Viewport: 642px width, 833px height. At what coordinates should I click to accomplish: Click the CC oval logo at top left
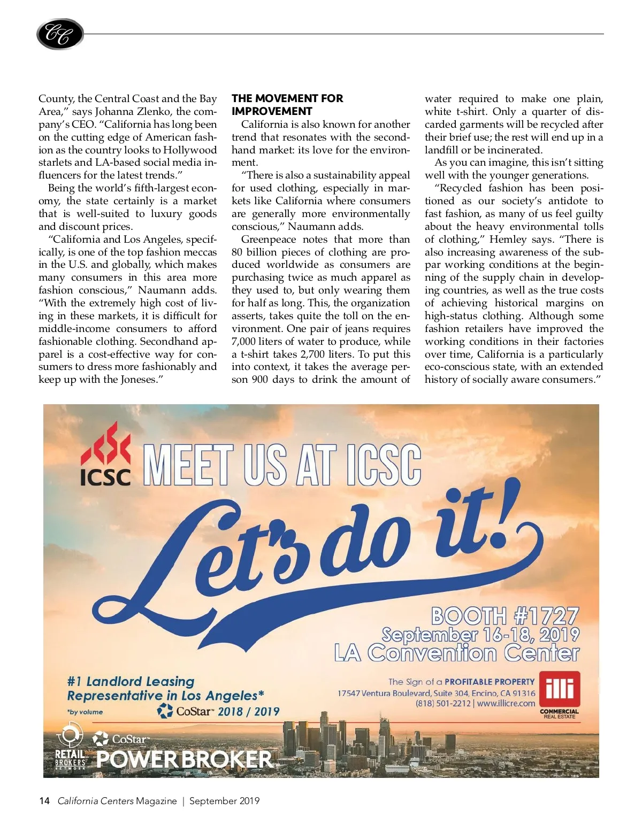(x=60, y=35)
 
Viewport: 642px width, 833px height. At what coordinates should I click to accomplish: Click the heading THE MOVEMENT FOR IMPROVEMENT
(x=287, y=105)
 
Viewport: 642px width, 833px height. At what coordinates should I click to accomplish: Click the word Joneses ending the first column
(x=140, y=380)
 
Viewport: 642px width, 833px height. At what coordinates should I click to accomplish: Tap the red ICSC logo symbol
(x=105, y=444)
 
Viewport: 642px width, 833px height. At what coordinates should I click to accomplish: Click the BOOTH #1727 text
(x=505, y=616)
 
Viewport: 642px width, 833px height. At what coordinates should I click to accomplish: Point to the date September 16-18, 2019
(x=480, y=635)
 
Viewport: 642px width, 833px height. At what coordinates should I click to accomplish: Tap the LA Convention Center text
(x=456, y=653)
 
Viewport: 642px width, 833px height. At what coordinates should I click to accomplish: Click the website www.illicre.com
(x=506, y=704)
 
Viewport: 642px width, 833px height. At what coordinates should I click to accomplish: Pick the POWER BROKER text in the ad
(x=184, y=759)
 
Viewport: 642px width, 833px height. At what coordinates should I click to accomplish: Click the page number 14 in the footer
(x=44, y=801)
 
